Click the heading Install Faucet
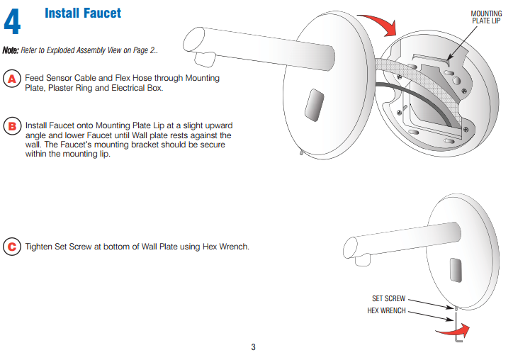83,13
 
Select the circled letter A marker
12,79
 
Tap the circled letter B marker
12,127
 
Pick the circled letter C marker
12,247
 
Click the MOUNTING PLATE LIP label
486,17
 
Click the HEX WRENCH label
386,310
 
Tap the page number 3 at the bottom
253,347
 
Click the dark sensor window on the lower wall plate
457,267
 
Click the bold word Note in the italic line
11,50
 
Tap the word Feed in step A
35,78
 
